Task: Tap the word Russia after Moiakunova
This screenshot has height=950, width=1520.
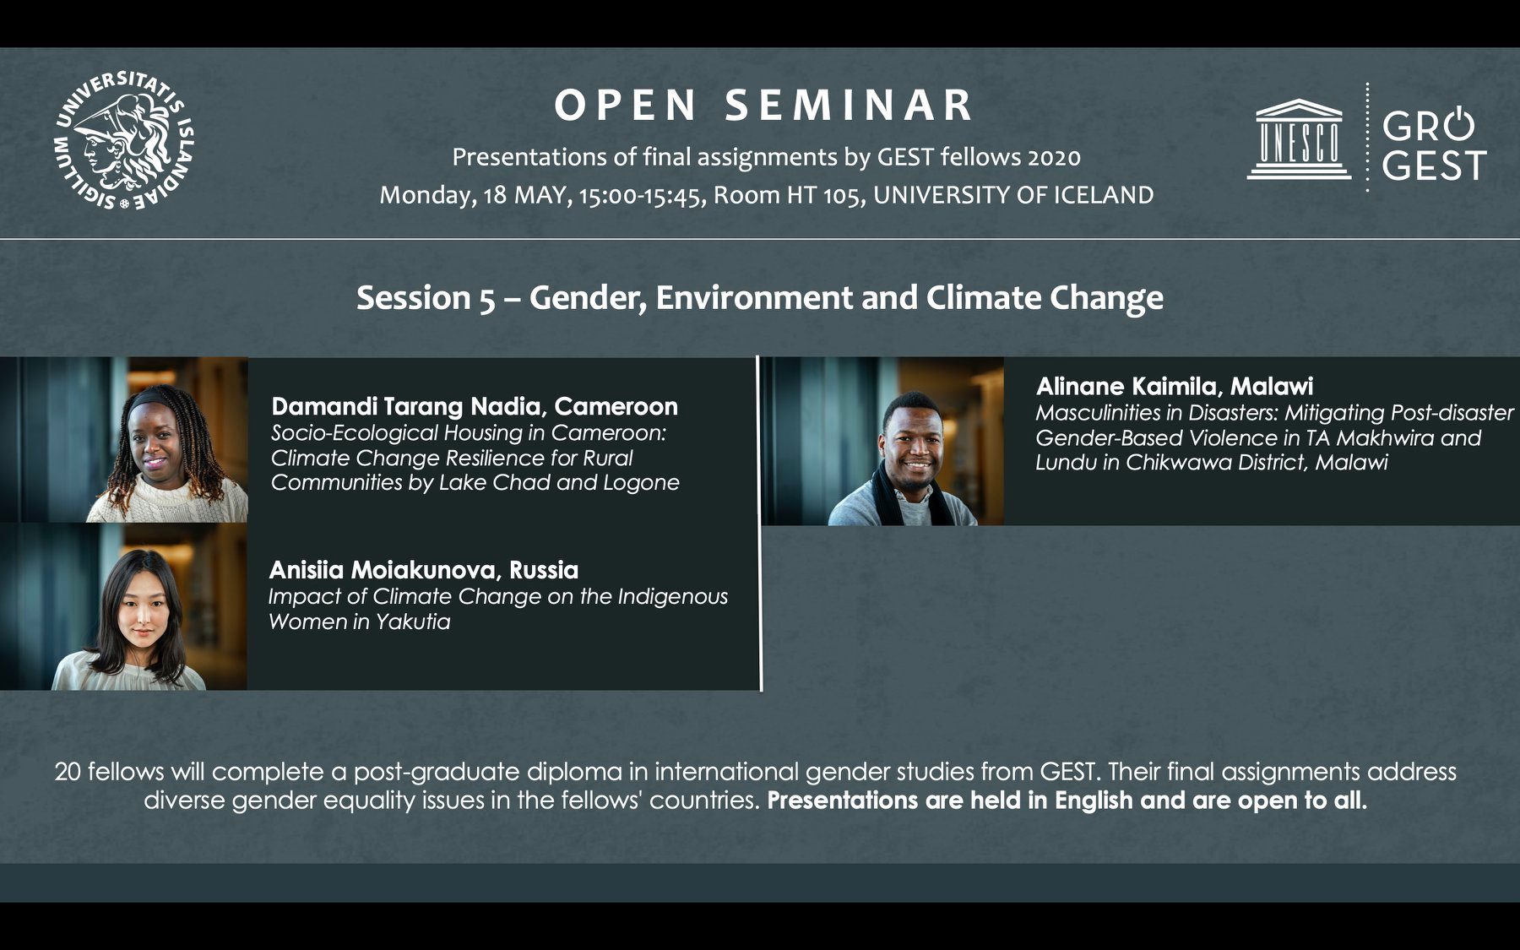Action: tap(544, 570)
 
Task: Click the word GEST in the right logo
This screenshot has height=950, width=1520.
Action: tap(1434, 166)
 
